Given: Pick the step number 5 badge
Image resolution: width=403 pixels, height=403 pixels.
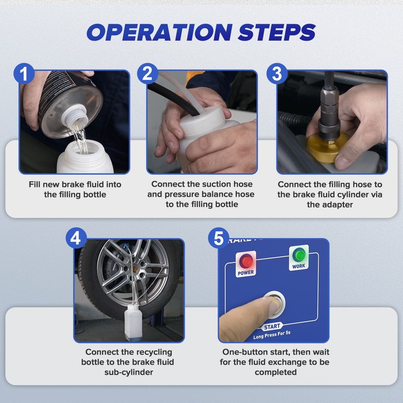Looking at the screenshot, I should pyautogui.click(x=218, y=239).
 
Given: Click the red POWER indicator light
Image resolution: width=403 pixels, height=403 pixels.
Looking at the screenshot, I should pyautogui.click(x=246, y=262).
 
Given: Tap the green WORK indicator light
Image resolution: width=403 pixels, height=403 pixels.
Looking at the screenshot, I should pyautogui.click(x=299, y=255).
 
